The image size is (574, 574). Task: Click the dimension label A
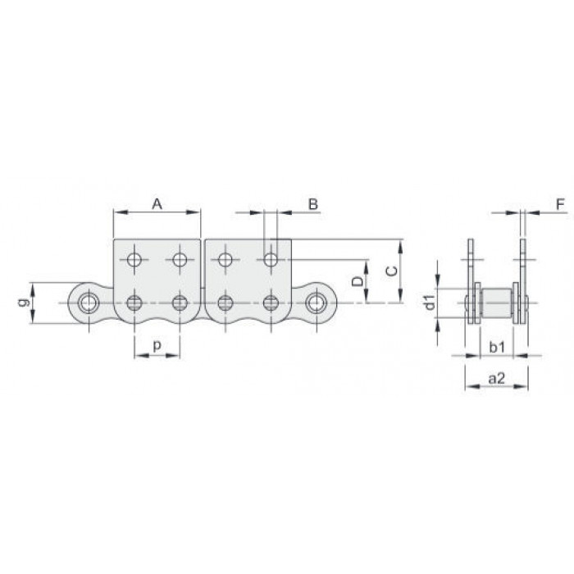point(157,204)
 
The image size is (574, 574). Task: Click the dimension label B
point(313,204)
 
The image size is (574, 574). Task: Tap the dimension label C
point(392,271)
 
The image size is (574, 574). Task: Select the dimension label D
point(358,281)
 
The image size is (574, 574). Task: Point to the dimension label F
point(560,204)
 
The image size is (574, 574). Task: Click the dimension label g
point(23,303)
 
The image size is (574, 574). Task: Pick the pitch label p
point(157,345)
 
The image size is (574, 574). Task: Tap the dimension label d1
point(430,302)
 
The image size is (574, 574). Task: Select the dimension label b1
point(497,347)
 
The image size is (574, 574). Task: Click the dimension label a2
point(496,378)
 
